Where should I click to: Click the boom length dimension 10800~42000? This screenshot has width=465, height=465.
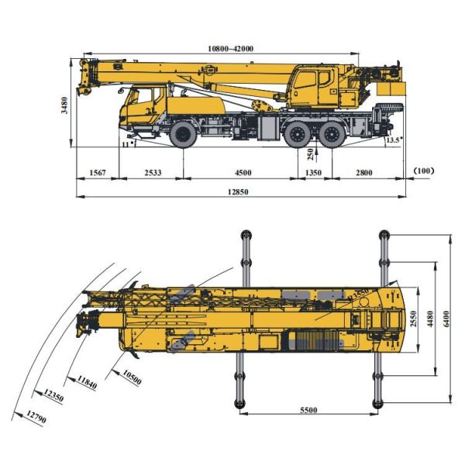(230, 48)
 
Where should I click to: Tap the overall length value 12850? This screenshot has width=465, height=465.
(239, 191)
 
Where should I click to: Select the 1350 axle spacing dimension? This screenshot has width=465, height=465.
(312, 172)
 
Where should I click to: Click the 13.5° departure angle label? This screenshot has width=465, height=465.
(394, 140)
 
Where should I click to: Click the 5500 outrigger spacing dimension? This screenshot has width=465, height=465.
(310, 410)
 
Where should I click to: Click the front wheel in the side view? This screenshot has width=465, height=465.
(184, 134)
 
